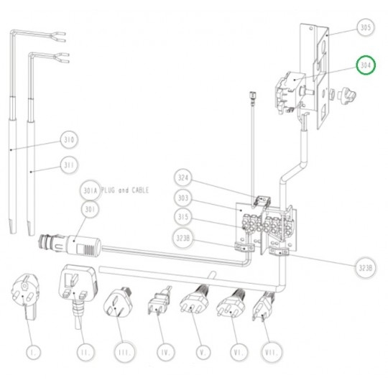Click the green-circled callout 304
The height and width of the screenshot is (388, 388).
(x=366, y=65)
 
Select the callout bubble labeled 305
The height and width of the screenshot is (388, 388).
(x=366, y=27)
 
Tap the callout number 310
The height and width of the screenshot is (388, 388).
(x=69, y=139)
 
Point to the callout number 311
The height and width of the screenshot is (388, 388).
(x=69, y=165)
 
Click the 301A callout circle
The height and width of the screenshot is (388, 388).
(x=90, y=190)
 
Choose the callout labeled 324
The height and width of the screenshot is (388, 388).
(x=183, y=177)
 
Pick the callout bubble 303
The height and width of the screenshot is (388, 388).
(x=183, y=198)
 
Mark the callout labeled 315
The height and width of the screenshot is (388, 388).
(x=183, y=217)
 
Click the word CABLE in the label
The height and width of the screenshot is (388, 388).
(x=140, y=190)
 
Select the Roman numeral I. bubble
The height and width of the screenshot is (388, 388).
(x=33, y=352)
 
